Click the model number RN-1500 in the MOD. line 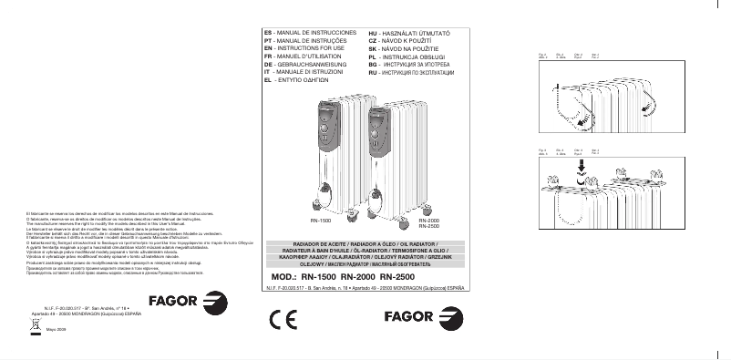point(318,276)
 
